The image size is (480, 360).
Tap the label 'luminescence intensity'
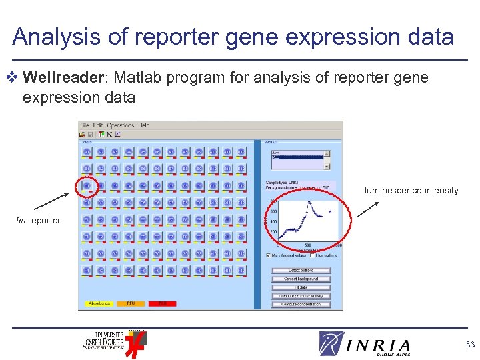(411, 191)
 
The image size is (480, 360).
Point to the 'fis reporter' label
(39, 221)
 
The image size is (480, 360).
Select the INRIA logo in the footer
(365, 344)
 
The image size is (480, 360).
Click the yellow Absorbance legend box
(99, 303)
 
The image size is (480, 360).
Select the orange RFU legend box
(131, 303)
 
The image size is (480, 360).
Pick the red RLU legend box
(162, 303)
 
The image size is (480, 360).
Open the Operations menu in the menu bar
(121, 125)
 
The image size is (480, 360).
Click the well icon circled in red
(87, 185)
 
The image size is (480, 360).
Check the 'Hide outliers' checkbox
(312, 255)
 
